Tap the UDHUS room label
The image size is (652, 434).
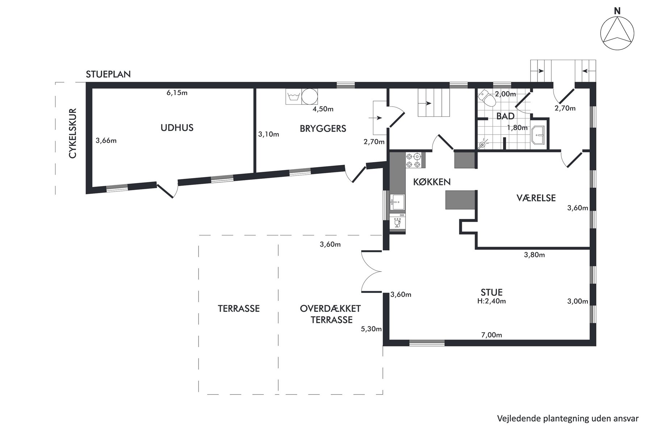pos(177,128)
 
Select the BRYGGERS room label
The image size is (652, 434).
pos(323,128)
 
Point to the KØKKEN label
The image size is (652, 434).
pos(432,182)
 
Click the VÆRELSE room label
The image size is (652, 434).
pos(536,198)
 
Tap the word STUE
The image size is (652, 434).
pos(491,292)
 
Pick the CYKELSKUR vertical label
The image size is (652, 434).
pos(73,133)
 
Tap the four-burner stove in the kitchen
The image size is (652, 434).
pos(413,161)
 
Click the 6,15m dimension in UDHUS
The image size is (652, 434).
pos(177,93)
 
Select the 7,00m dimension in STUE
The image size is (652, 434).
pos(491,335)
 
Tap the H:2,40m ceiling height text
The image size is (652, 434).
pos(491,301)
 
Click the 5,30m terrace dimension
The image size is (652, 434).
pos(371,329)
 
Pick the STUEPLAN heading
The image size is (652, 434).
pos(108,75)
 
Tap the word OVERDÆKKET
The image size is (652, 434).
pos(330,309)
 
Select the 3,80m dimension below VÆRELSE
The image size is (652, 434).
pos(534,255)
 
